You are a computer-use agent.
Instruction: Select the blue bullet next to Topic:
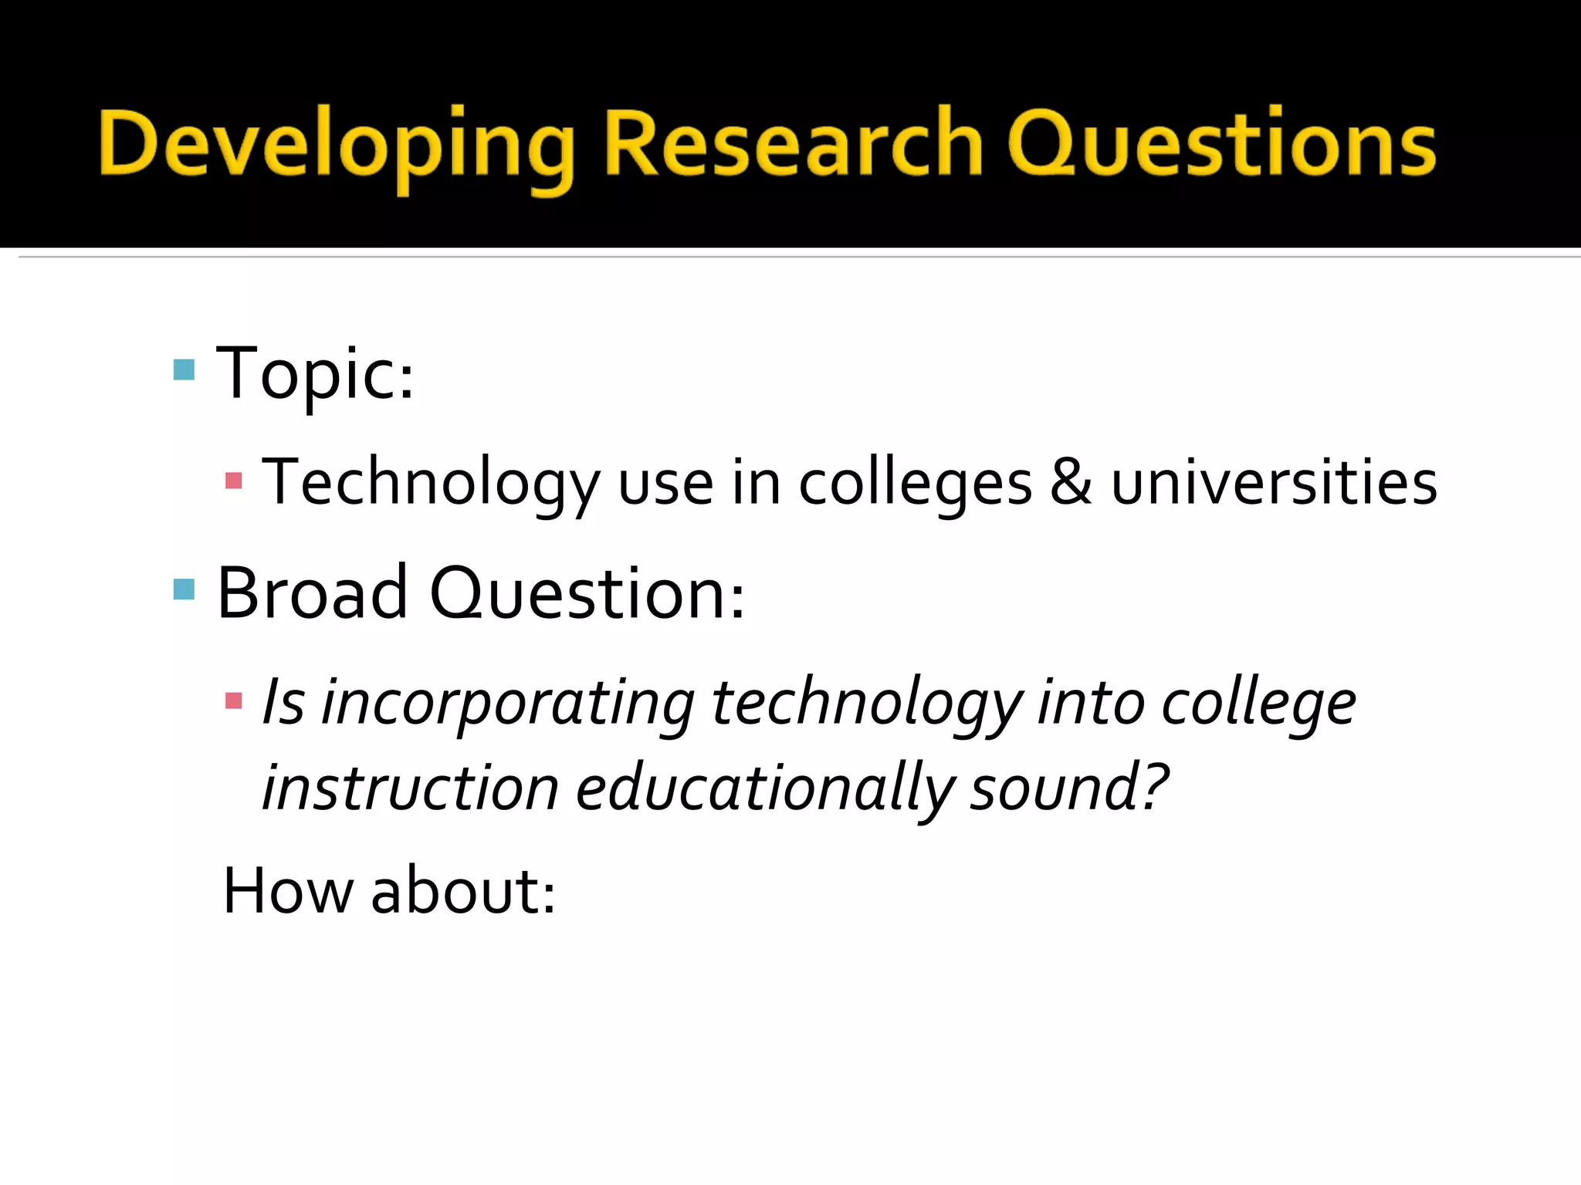tap(185, 370)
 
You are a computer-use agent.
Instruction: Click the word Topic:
tap(315, 375)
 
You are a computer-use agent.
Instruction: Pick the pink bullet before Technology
tap(234, 481)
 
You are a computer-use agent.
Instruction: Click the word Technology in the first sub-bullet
tap(431, 483)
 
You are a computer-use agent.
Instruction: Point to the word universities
tap(1274, 483)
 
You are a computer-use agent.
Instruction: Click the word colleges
tap(915, 484)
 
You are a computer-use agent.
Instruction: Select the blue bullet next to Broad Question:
tap(185, 589)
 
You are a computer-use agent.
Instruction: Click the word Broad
tap(312, 593)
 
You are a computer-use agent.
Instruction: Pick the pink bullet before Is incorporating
tap(234, 701)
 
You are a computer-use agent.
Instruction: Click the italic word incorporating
tap(508, 704)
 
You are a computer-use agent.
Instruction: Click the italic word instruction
tap(410, 788)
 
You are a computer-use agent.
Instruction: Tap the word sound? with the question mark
tap(1069, 788)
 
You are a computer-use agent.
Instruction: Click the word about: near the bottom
tap(463, 892)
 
